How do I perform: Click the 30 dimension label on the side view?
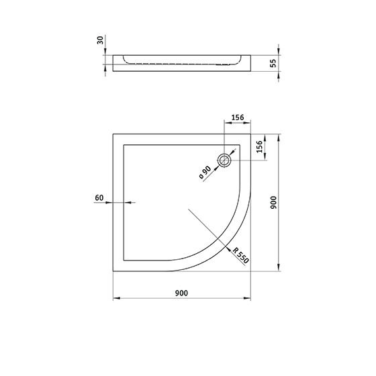point(101,40)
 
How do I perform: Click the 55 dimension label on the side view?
point(273,63)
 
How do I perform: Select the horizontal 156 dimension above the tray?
point(238,117)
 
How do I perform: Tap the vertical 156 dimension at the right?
point(259,146)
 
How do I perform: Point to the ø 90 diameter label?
point(205,172)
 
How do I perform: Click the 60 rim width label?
point(99,198)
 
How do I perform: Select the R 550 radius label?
point(241,256)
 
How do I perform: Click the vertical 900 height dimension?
point(273,202)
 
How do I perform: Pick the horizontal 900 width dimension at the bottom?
point(181,293)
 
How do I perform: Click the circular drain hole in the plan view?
point(224,160)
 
